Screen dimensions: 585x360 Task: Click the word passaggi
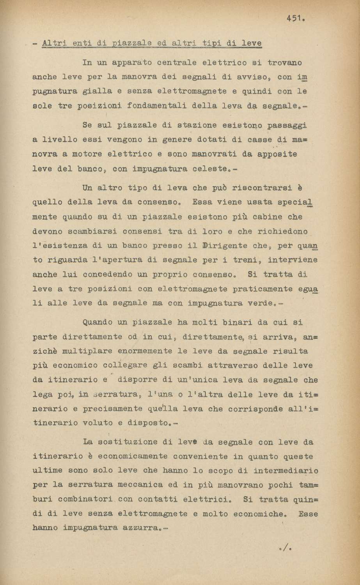click(287, 126)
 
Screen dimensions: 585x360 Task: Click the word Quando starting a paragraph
click(100, 323)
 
